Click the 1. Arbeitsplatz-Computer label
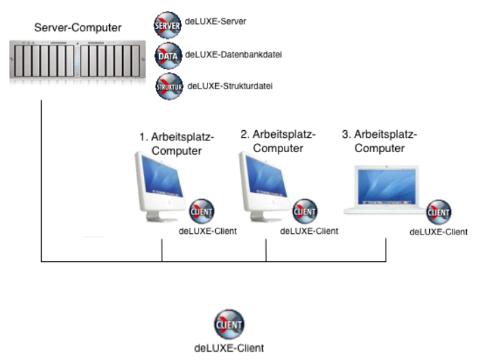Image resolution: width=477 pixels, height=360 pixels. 177,144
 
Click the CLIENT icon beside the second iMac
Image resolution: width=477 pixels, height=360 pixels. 304,211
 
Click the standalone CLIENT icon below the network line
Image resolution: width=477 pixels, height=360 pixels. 229,323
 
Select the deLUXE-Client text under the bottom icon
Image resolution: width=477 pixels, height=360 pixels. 229,348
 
